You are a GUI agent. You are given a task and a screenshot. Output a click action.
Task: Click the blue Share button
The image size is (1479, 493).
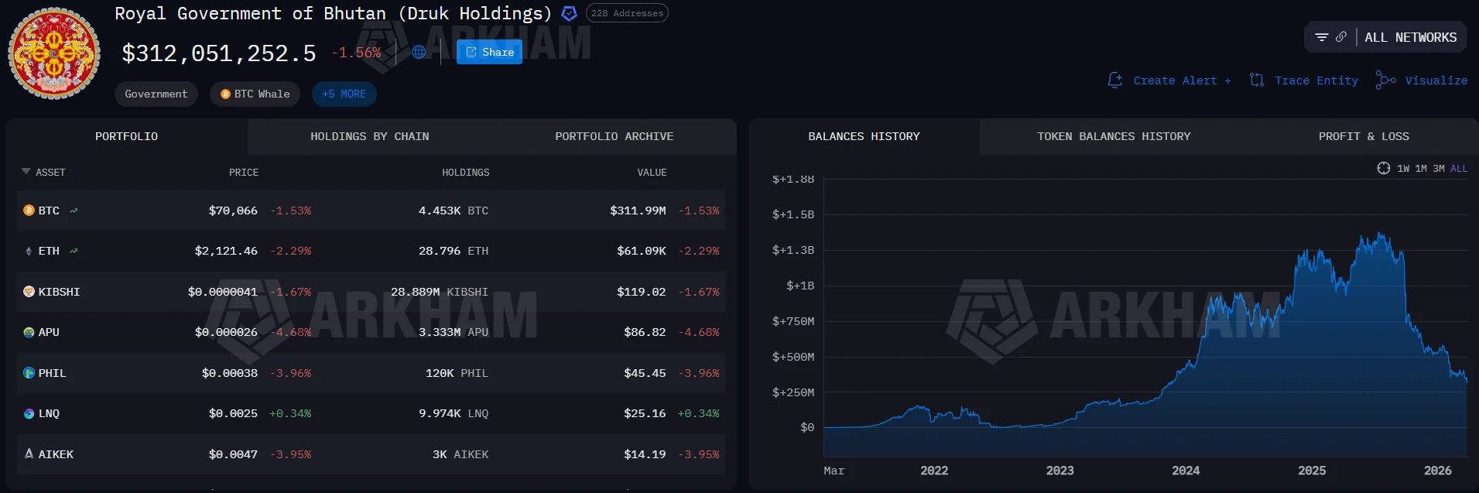[x=489, y=53]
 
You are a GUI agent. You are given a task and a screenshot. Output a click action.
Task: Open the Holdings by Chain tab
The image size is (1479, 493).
[x=369, y=137]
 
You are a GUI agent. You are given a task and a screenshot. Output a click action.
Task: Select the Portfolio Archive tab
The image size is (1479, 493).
[x=614, y=137]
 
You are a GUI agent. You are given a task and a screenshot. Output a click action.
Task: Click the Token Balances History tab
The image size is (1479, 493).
[x=1114, y=137]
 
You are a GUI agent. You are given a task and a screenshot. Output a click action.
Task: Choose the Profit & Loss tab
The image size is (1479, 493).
[x=1363, y=137]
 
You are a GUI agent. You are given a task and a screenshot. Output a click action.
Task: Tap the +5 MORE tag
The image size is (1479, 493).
[x=344, y=94]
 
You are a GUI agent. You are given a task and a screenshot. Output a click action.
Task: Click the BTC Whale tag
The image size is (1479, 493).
[x=255, y=94]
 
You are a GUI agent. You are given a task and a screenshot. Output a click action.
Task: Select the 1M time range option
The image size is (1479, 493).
[x=1421, y=169]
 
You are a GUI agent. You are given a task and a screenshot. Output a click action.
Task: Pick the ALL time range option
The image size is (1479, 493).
[x=1459, y=169]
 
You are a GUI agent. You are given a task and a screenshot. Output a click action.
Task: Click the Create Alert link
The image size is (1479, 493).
[x=1169, y=80]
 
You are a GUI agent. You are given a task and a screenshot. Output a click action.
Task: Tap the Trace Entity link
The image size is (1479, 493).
[x=1305, y=80]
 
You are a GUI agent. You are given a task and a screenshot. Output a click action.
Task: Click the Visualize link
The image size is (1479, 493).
[x=1423, y=80]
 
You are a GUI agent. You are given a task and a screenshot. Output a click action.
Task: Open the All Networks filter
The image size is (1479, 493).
[x=1385, y=37]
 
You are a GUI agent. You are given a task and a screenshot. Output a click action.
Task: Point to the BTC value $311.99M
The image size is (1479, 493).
[x=638, y=211]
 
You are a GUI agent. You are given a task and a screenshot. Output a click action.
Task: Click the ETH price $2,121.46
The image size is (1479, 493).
[x=226, y=252]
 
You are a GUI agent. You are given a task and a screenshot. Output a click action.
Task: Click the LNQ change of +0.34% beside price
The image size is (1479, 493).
[x=290, y=414]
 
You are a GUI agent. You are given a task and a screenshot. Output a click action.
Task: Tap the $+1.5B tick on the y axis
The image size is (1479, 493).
[x=793, y=214]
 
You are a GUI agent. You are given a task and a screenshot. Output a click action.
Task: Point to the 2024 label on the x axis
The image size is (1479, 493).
[x=1186, y=471]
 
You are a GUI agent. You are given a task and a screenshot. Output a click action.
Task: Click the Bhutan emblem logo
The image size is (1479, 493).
[x=54, y=53]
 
